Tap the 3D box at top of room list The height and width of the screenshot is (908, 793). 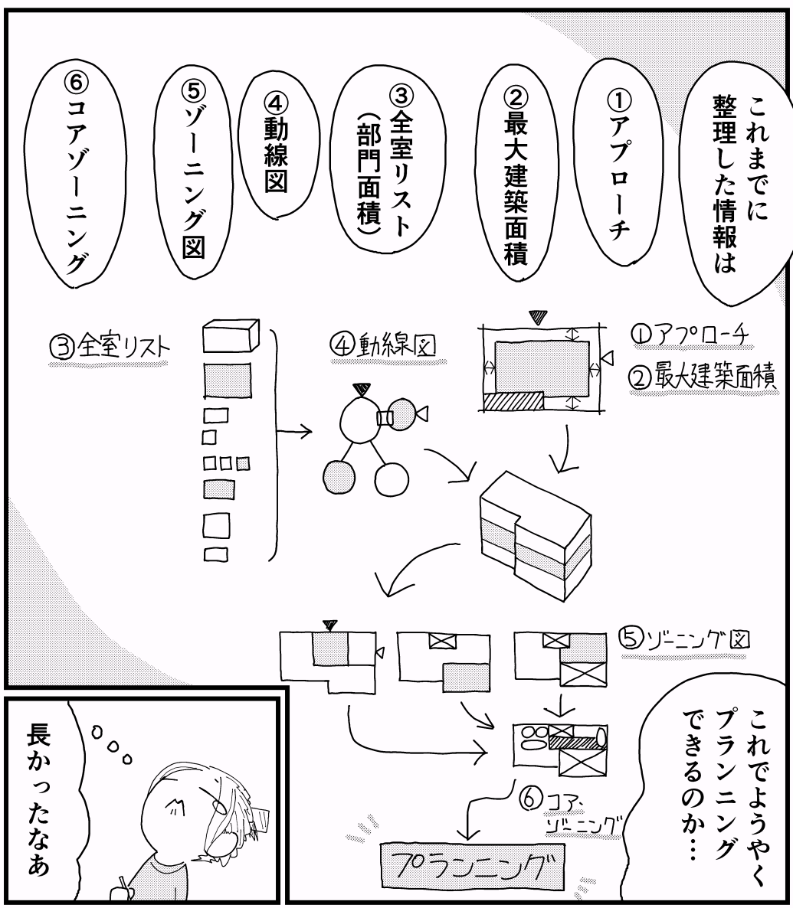[230, 336]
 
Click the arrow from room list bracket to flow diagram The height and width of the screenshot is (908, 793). [295, 433]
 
